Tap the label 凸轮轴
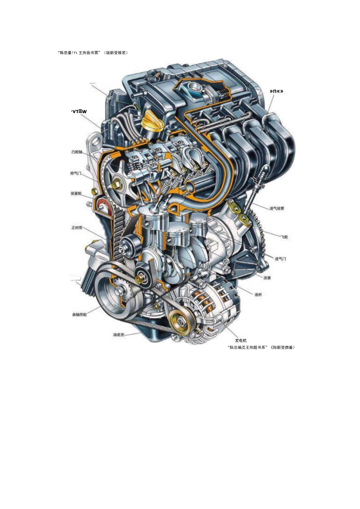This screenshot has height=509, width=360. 77,152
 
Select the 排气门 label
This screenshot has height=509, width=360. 76,173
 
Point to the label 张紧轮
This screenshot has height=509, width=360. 76,193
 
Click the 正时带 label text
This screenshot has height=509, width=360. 77,227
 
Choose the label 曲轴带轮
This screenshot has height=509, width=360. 79,315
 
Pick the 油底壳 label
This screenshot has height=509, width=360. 119,335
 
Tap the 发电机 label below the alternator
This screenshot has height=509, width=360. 241,341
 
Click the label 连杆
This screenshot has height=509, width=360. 258,295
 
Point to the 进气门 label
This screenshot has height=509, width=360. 281,259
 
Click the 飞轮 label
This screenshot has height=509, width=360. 284,237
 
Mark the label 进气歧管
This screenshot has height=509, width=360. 277,209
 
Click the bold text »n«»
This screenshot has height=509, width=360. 276,91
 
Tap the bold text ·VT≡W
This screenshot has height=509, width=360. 79,111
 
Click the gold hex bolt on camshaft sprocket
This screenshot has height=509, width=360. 116,183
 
